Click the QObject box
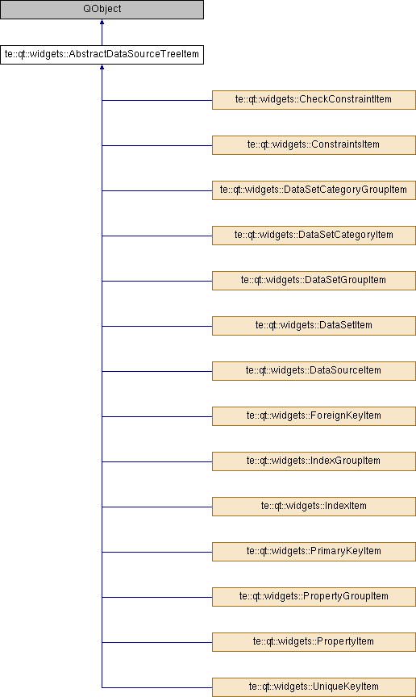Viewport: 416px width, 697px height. pyautogui.click(x=102, y=10)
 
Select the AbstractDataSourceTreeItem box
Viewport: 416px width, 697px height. pyautogui.click(x=102, y=55)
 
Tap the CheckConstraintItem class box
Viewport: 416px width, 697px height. pyautogui.click(x=314, y=100)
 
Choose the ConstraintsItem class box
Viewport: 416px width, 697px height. pyautogui.click(x=314, y=145)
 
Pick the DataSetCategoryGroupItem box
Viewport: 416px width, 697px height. pyautogui.click(x=314, y=190)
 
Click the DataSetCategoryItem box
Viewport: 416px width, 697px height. pyautogui.click(x=314, y=236)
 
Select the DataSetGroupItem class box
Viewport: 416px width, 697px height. pyautogui.click(x=314, y=281)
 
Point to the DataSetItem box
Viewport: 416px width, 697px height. pyautogui.click(x=314, y=326)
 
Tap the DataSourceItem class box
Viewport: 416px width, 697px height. pyautogui.click(x=314, y=371)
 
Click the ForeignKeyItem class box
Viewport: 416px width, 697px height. pyautogui.click(x=314, y=416)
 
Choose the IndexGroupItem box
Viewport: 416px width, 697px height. pyautogui.click(x=314, y=461)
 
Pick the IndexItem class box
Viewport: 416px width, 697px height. pyautogui.click(x=314, y=507)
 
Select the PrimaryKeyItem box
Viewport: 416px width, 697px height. pyautogui.click(x=314, y=552)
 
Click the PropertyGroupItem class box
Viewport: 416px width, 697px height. pyautogui.click(x=314, y=597)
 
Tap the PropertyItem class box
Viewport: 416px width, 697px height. pyautogui.click(x=314, y=642)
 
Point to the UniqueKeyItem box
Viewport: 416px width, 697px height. pyautogui.click(x=314, y=687)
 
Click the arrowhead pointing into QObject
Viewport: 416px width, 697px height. pyautogui.click(x=102, y=22)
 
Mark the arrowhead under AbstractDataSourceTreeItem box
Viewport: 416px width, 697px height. pyautogui.click(x=102, y=67)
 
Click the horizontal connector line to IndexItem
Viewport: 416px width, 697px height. pyautogui.click(x=157, y=507)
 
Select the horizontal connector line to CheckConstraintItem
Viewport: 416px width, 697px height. pyautogui.click(x=157, y=100)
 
